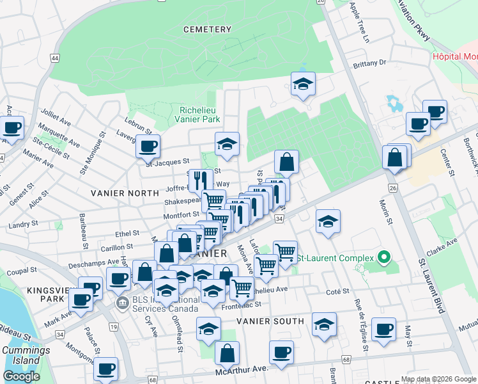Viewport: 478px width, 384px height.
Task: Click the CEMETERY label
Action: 206,29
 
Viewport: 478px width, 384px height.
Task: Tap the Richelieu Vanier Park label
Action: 199,115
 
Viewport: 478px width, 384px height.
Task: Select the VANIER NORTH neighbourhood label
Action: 125,193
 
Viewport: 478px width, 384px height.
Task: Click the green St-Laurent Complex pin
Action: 383,258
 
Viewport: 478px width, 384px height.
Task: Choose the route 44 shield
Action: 55,58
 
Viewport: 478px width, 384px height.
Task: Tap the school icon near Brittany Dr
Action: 303,83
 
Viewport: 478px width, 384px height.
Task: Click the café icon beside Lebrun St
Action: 148,146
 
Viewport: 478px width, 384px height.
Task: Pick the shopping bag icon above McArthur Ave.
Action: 227,353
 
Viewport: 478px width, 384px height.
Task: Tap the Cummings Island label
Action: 26,355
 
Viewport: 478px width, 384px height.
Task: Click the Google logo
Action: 21,376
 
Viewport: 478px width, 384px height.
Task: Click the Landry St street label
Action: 24,225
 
